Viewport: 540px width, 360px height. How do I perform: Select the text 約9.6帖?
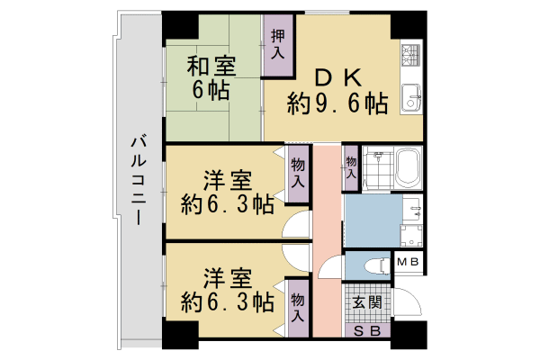337,103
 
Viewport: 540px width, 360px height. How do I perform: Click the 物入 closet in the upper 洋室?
297,174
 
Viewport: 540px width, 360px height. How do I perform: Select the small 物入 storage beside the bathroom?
351,166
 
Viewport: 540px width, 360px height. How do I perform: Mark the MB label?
408,263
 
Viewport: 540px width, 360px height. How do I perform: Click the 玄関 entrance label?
366,301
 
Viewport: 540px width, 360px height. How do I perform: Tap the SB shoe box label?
366,330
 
